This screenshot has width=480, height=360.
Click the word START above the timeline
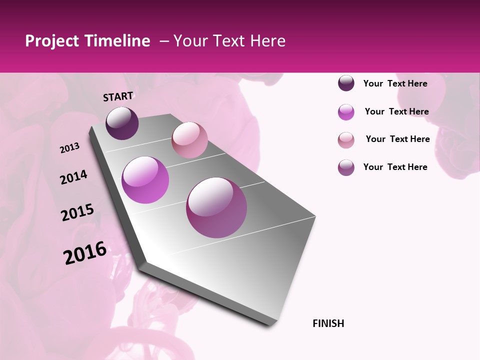coord(118,96)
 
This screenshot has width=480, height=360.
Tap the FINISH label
coord(328,323)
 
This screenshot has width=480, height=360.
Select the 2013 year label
coord(69,148)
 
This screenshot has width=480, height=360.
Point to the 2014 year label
coord(73,177)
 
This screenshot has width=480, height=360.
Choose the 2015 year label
coord(77,212)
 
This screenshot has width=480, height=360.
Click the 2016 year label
coord(85,253)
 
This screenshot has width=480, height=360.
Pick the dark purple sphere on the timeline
coord(122,123)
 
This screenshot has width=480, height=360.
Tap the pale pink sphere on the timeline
coord(189,139)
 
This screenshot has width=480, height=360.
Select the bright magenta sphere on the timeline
coord(145,180)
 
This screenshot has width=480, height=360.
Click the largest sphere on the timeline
coord(216,207)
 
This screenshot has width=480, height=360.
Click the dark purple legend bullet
coord(346,83)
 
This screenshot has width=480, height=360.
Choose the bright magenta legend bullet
coord(346,112)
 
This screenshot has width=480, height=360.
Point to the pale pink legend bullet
coord(346,140)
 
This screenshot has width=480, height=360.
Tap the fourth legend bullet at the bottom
coord(346,167)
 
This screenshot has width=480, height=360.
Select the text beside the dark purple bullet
coord(395,83)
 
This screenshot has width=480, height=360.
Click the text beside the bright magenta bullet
coord(396,111)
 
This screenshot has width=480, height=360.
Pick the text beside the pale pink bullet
coord(397,139)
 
